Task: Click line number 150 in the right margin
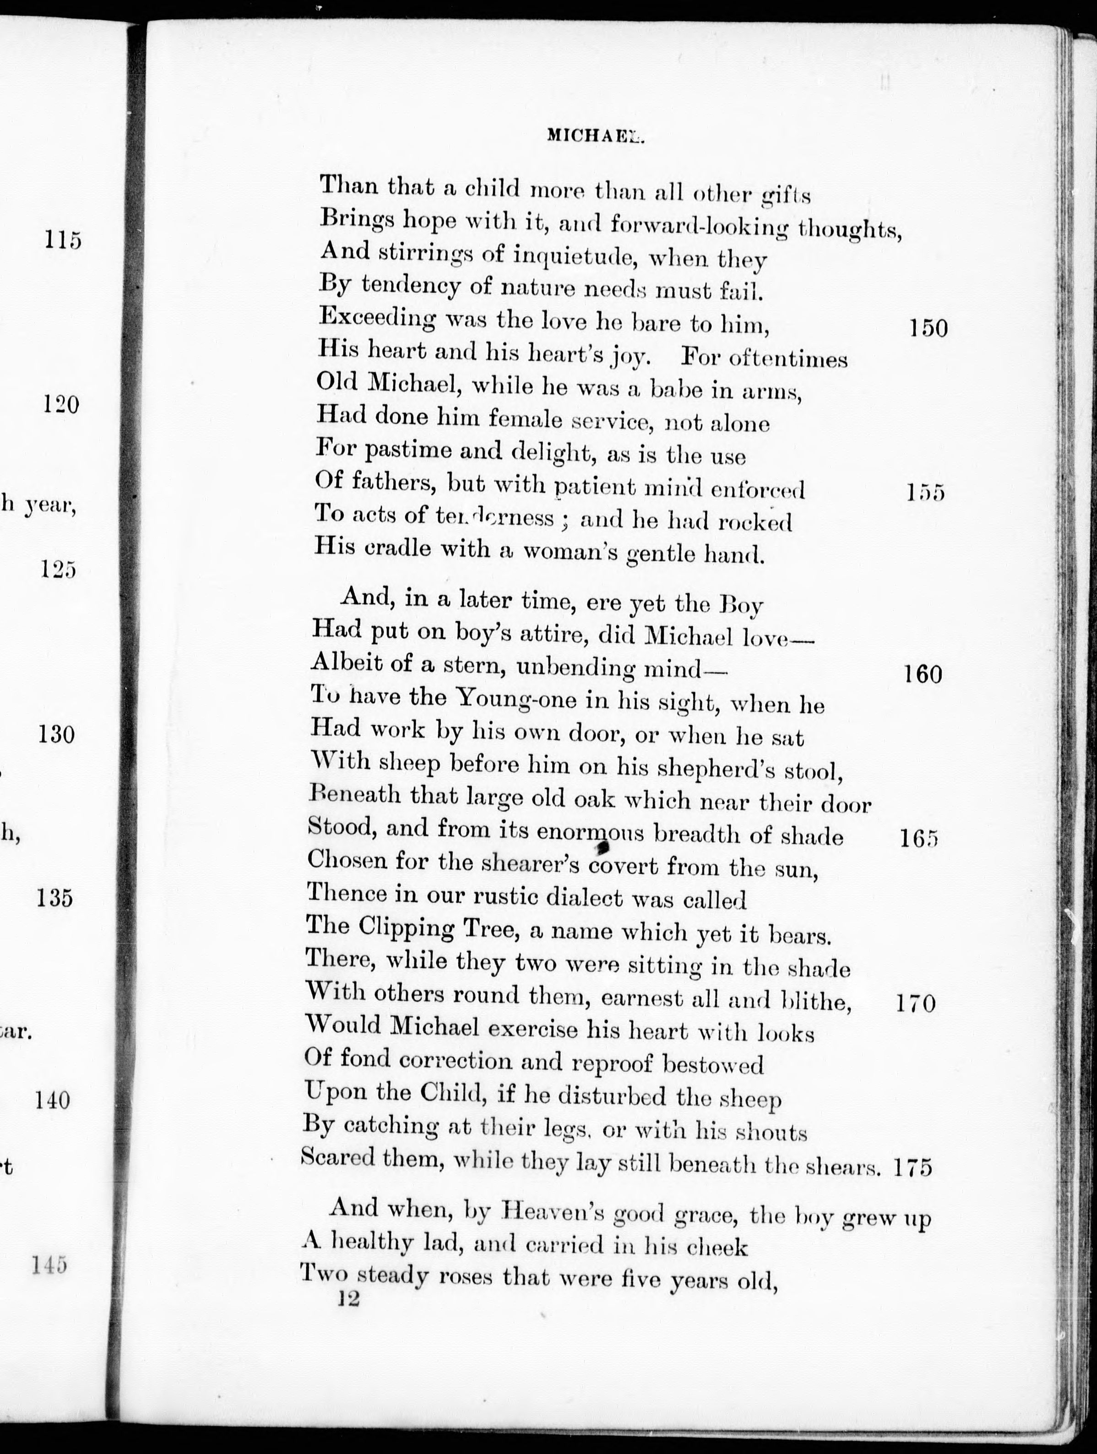click(928, 328)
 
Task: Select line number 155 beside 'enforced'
click(925, 492)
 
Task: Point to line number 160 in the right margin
click(923, 674)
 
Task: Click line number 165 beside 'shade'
click(919, 839)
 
